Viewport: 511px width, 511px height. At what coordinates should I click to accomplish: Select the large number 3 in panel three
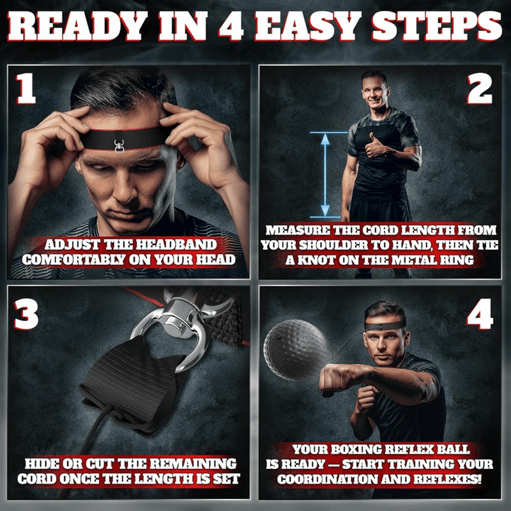[27, 313]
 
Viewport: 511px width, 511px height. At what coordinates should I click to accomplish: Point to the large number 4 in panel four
[480, 313]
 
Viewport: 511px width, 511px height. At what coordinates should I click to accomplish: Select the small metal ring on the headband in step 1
[119, 146]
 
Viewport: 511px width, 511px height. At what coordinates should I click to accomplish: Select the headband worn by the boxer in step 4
[386, 326]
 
